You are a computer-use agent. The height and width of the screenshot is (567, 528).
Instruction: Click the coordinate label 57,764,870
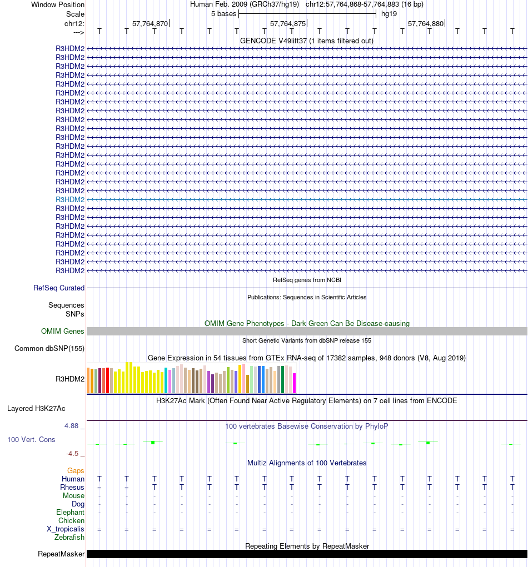150,24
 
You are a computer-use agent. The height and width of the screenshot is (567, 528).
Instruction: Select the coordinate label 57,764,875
287,24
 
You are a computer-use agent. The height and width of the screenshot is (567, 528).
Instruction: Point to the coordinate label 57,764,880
425,24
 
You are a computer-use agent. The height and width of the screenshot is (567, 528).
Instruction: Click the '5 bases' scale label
223,14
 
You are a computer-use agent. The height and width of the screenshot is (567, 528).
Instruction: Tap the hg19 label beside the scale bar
388,14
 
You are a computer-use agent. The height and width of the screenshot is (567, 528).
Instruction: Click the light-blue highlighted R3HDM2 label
70,199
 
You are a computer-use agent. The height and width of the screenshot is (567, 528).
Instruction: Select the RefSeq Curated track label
59,288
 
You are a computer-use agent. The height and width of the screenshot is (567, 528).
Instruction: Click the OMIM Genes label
63,332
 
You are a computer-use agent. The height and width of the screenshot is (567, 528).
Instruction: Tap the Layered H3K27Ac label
36,409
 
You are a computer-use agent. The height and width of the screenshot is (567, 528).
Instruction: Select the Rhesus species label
72,488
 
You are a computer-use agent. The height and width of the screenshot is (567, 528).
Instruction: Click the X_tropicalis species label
66,529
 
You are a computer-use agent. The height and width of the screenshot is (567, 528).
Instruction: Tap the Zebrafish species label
69,538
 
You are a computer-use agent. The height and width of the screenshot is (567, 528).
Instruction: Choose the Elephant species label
70,513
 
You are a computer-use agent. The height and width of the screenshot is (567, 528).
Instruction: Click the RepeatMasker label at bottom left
61,554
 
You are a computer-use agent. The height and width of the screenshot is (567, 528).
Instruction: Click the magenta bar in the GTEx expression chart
295,383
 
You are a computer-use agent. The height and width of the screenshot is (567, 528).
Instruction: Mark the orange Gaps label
76,471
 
